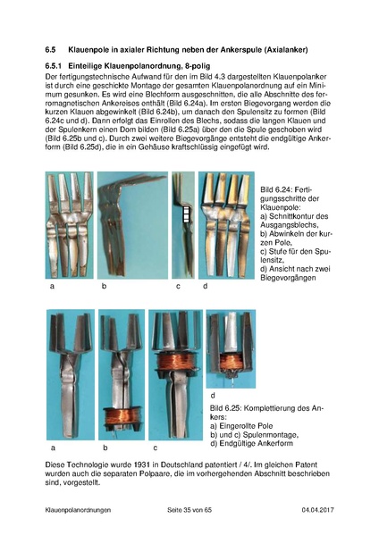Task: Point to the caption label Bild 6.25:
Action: (230, 406)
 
